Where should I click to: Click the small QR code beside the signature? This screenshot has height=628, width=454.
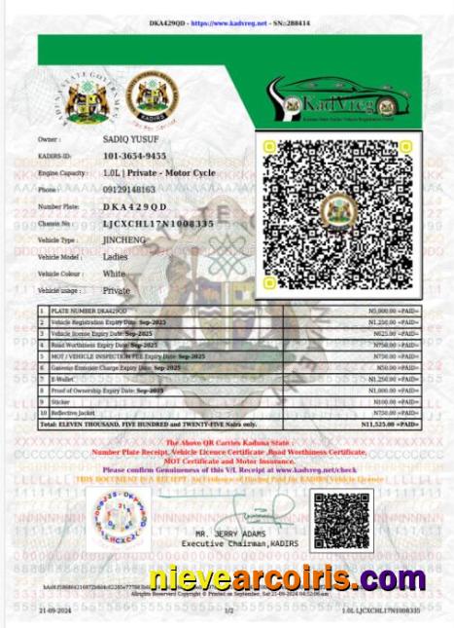click(x=342, y=521)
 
